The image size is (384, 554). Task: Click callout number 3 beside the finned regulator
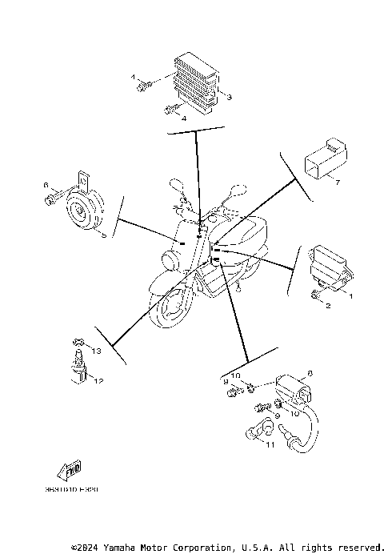(229, 98)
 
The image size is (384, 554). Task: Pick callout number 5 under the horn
(102, 235)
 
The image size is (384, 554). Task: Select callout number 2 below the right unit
(327, 305)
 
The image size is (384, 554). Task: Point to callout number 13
(96, 351)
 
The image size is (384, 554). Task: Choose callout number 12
(99, 380)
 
